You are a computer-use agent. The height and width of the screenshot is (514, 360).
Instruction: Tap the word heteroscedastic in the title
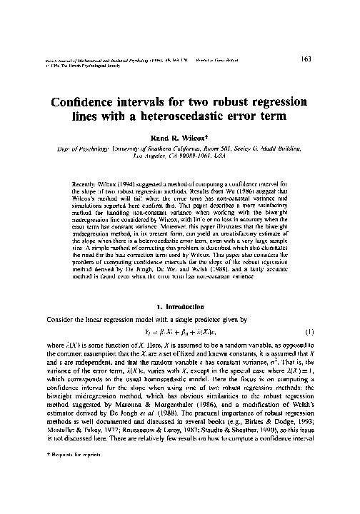click(x=201, y=116)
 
